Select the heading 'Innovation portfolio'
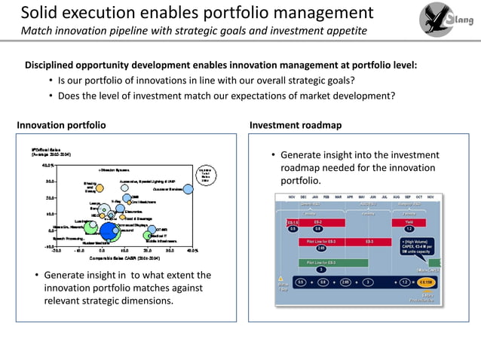coord(61,124)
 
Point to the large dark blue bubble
coord(111,231)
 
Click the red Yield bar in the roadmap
coord(409,222)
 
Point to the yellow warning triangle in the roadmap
coord(281,278)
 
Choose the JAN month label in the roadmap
coord(326,196)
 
